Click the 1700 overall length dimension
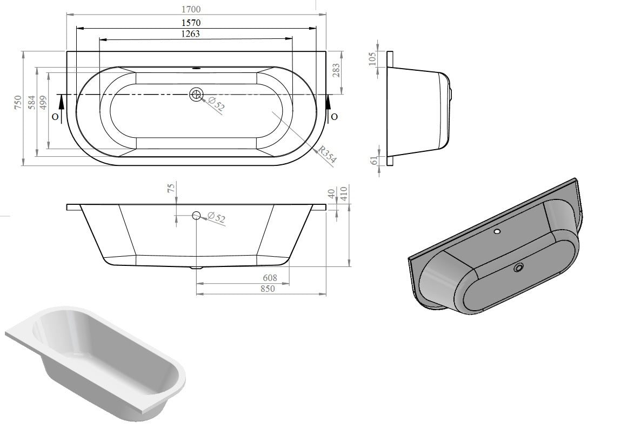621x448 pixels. pyautogui.click(x=196, y=9)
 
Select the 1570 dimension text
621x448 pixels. pyautogui.click(x=196, y=23)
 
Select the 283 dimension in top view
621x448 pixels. pyautogui.click(x=336, y=71)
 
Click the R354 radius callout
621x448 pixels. pyautogui.click(x=327, y=155)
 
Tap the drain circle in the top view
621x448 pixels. pyautogui.click(x=196, y=95)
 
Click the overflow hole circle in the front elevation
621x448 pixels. pyautogui.click(x=196, y=216)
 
